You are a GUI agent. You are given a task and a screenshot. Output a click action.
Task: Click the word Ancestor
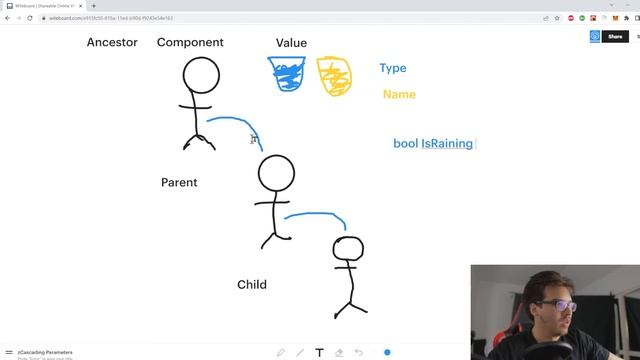(x=112, y=42)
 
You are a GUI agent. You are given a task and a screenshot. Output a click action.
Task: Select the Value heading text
(x=291, y=43)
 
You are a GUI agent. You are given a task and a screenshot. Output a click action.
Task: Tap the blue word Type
(x=393, y=68)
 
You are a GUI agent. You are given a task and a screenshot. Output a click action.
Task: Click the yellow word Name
(x=399, y=94)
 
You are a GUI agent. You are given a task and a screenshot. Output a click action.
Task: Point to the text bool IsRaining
(x=433, y=143)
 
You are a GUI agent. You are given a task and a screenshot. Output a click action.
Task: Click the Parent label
(x=179, y=182)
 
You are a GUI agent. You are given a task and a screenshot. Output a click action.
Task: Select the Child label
(x=252, y=284)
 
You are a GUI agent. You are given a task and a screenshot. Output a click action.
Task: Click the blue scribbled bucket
(x=291, y=74)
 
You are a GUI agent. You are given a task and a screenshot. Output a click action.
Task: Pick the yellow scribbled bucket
(x=334, y=76)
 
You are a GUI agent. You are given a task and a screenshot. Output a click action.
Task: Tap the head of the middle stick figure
(x=276, y=174)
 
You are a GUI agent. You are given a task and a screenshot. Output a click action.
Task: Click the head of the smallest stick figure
(x=348, y=249)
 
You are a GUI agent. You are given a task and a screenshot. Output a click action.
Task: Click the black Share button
(x=615, y=36)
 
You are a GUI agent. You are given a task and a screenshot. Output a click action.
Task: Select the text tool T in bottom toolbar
(x=320, y=352)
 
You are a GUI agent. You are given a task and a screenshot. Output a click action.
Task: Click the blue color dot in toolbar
(x=387, y=352)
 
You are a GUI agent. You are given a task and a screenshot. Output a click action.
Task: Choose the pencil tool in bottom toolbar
(x=281, y=352)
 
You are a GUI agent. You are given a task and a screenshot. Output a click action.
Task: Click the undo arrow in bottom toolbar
(x=359, y=352)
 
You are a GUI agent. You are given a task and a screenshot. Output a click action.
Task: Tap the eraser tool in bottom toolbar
(x=340, y=352)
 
